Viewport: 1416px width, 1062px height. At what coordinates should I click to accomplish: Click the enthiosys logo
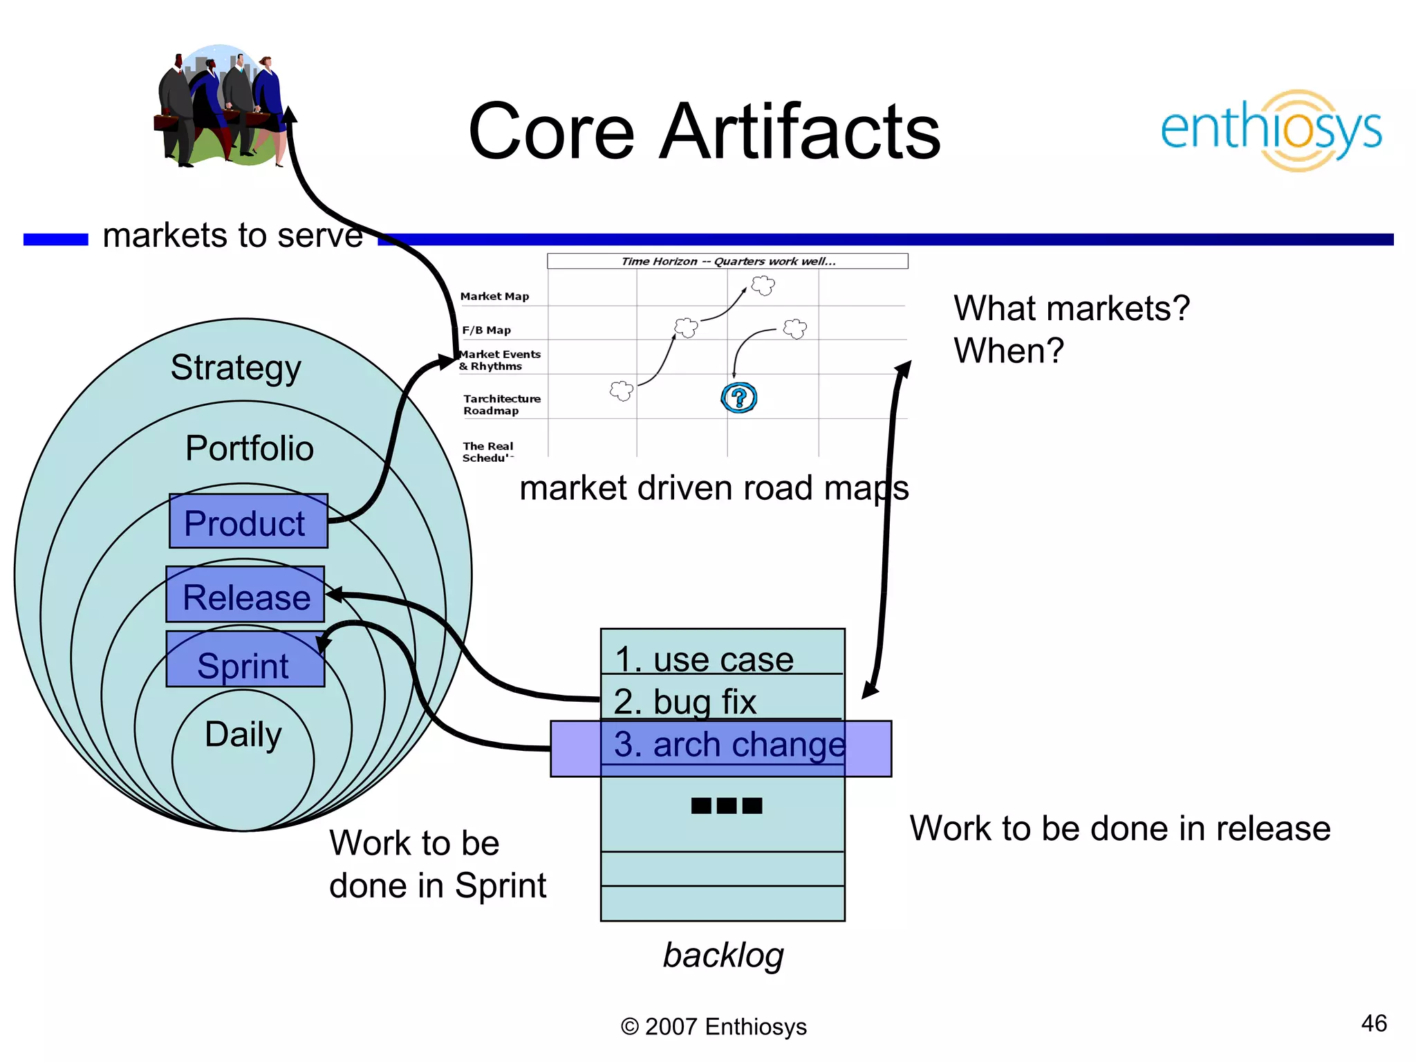[1271, 130]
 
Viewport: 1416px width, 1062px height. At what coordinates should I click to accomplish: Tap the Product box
[248, 522]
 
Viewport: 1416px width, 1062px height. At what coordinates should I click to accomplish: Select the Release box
[245, 595]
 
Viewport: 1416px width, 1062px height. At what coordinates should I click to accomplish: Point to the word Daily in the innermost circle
[243, 734]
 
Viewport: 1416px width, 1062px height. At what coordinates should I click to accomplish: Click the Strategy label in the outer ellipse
[236, 367]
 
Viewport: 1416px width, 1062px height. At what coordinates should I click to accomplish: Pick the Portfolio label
[249, 448]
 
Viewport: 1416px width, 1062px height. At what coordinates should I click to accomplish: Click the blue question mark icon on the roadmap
[738, 398]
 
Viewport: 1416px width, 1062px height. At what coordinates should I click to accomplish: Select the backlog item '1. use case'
[704, 658]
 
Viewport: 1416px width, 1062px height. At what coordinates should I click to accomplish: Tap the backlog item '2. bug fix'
[684, 701]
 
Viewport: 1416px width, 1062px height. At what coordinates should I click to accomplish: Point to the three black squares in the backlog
[726, 805]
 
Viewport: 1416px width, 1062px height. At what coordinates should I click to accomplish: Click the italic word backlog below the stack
[723, 955]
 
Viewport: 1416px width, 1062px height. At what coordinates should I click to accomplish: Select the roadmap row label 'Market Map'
[495, 297]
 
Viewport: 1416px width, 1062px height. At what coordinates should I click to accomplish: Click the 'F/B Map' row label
[487, 330]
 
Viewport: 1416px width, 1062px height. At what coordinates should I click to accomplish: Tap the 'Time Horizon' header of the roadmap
[727, 261]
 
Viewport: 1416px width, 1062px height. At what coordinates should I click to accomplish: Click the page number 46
[1373, 1023]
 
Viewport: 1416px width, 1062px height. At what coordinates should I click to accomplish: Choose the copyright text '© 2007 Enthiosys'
[714, 1027]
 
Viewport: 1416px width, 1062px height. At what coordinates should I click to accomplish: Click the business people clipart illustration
[221, 107]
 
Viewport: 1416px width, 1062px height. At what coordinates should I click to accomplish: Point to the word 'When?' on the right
[1008, 351]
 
